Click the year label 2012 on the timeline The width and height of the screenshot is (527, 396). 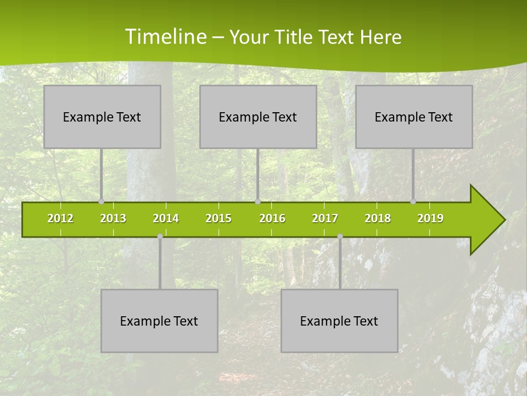[60, 218]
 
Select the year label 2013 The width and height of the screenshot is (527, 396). [113, 218]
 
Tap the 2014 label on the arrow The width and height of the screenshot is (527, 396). [166, 218]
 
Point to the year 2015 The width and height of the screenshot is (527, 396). [218, 218]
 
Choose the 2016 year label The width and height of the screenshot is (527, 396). [272, 218]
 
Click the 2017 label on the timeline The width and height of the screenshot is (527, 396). [325, 218]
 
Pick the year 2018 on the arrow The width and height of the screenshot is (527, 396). [378, 218]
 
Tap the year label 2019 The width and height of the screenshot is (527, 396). [430, 218]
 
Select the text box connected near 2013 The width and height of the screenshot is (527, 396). [102, 117]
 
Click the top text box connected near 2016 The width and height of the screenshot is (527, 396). [258, 117]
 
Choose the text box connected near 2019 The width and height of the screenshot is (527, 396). [414, 117]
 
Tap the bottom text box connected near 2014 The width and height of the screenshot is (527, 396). [159, 321]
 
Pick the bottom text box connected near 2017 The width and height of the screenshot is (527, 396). [339, 321]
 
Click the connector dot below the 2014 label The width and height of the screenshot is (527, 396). [160, 237]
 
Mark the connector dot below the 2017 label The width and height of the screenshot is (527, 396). [340, 237]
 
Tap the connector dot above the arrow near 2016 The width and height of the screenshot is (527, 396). [257, 201]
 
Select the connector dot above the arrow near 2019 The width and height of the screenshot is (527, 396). [413, 201]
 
